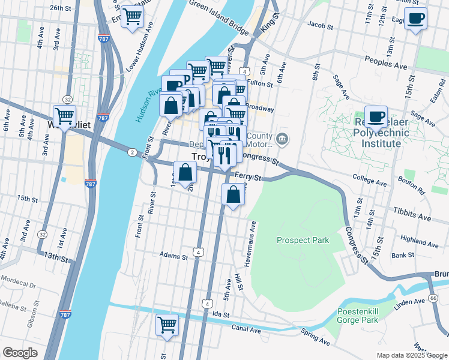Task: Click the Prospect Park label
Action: pos(303,240)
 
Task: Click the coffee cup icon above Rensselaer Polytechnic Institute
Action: pos(376,116)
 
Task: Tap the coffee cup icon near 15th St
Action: pos(415,19)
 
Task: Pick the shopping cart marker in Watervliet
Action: pos(64,115)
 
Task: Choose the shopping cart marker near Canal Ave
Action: pos(167,324)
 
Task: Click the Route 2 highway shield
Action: pos(131,152)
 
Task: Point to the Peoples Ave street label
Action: pos(384,60)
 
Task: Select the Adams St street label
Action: pos(174,255)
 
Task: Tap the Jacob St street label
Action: pos(320,26)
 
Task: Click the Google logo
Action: pos(20,353)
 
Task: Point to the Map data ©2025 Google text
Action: pos(411,355)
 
